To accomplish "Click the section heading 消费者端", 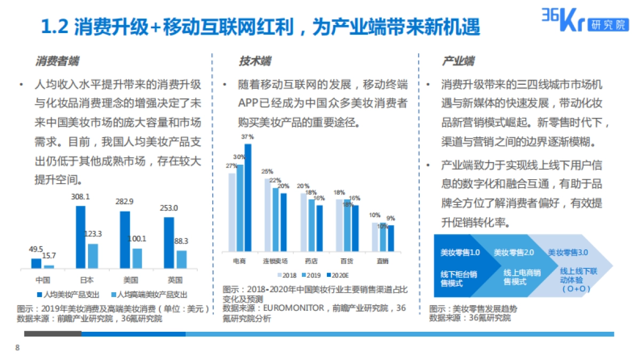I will tap(57, 61).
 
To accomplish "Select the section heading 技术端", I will tap(254, 61).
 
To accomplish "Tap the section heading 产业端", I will tap(458, 61).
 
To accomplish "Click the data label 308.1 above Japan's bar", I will tap(81, 197).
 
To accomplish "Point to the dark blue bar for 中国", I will tap(36, 263).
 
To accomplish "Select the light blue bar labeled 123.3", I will tap(93, 255).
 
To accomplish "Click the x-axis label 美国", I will tap(131, 280).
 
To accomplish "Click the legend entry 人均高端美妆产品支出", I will tap(149, 294).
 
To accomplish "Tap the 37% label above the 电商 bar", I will tap(247, 137).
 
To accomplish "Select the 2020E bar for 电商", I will tap(247, 197).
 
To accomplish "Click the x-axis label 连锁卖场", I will tap(275, 261).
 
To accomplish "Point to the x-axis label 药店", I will tap(311, 261).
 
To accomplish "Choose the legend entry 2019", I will tap(311, 275).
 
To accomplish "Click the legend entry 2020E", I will tap(337, 275).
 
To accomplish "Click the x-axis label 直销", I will tap(382, 261).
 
